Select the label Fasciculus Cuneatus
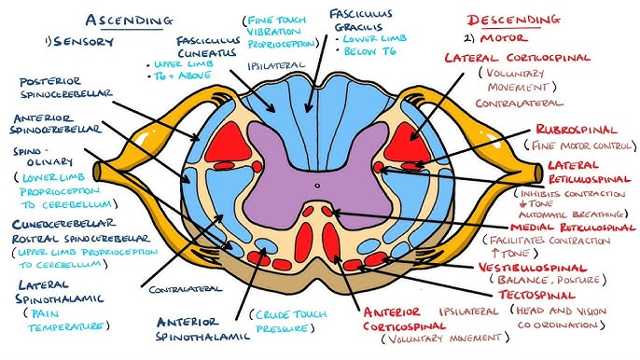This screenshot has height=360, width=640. [x=208, y=49]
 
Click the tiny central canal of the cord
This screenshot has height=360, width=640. [x=318, y=184]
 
